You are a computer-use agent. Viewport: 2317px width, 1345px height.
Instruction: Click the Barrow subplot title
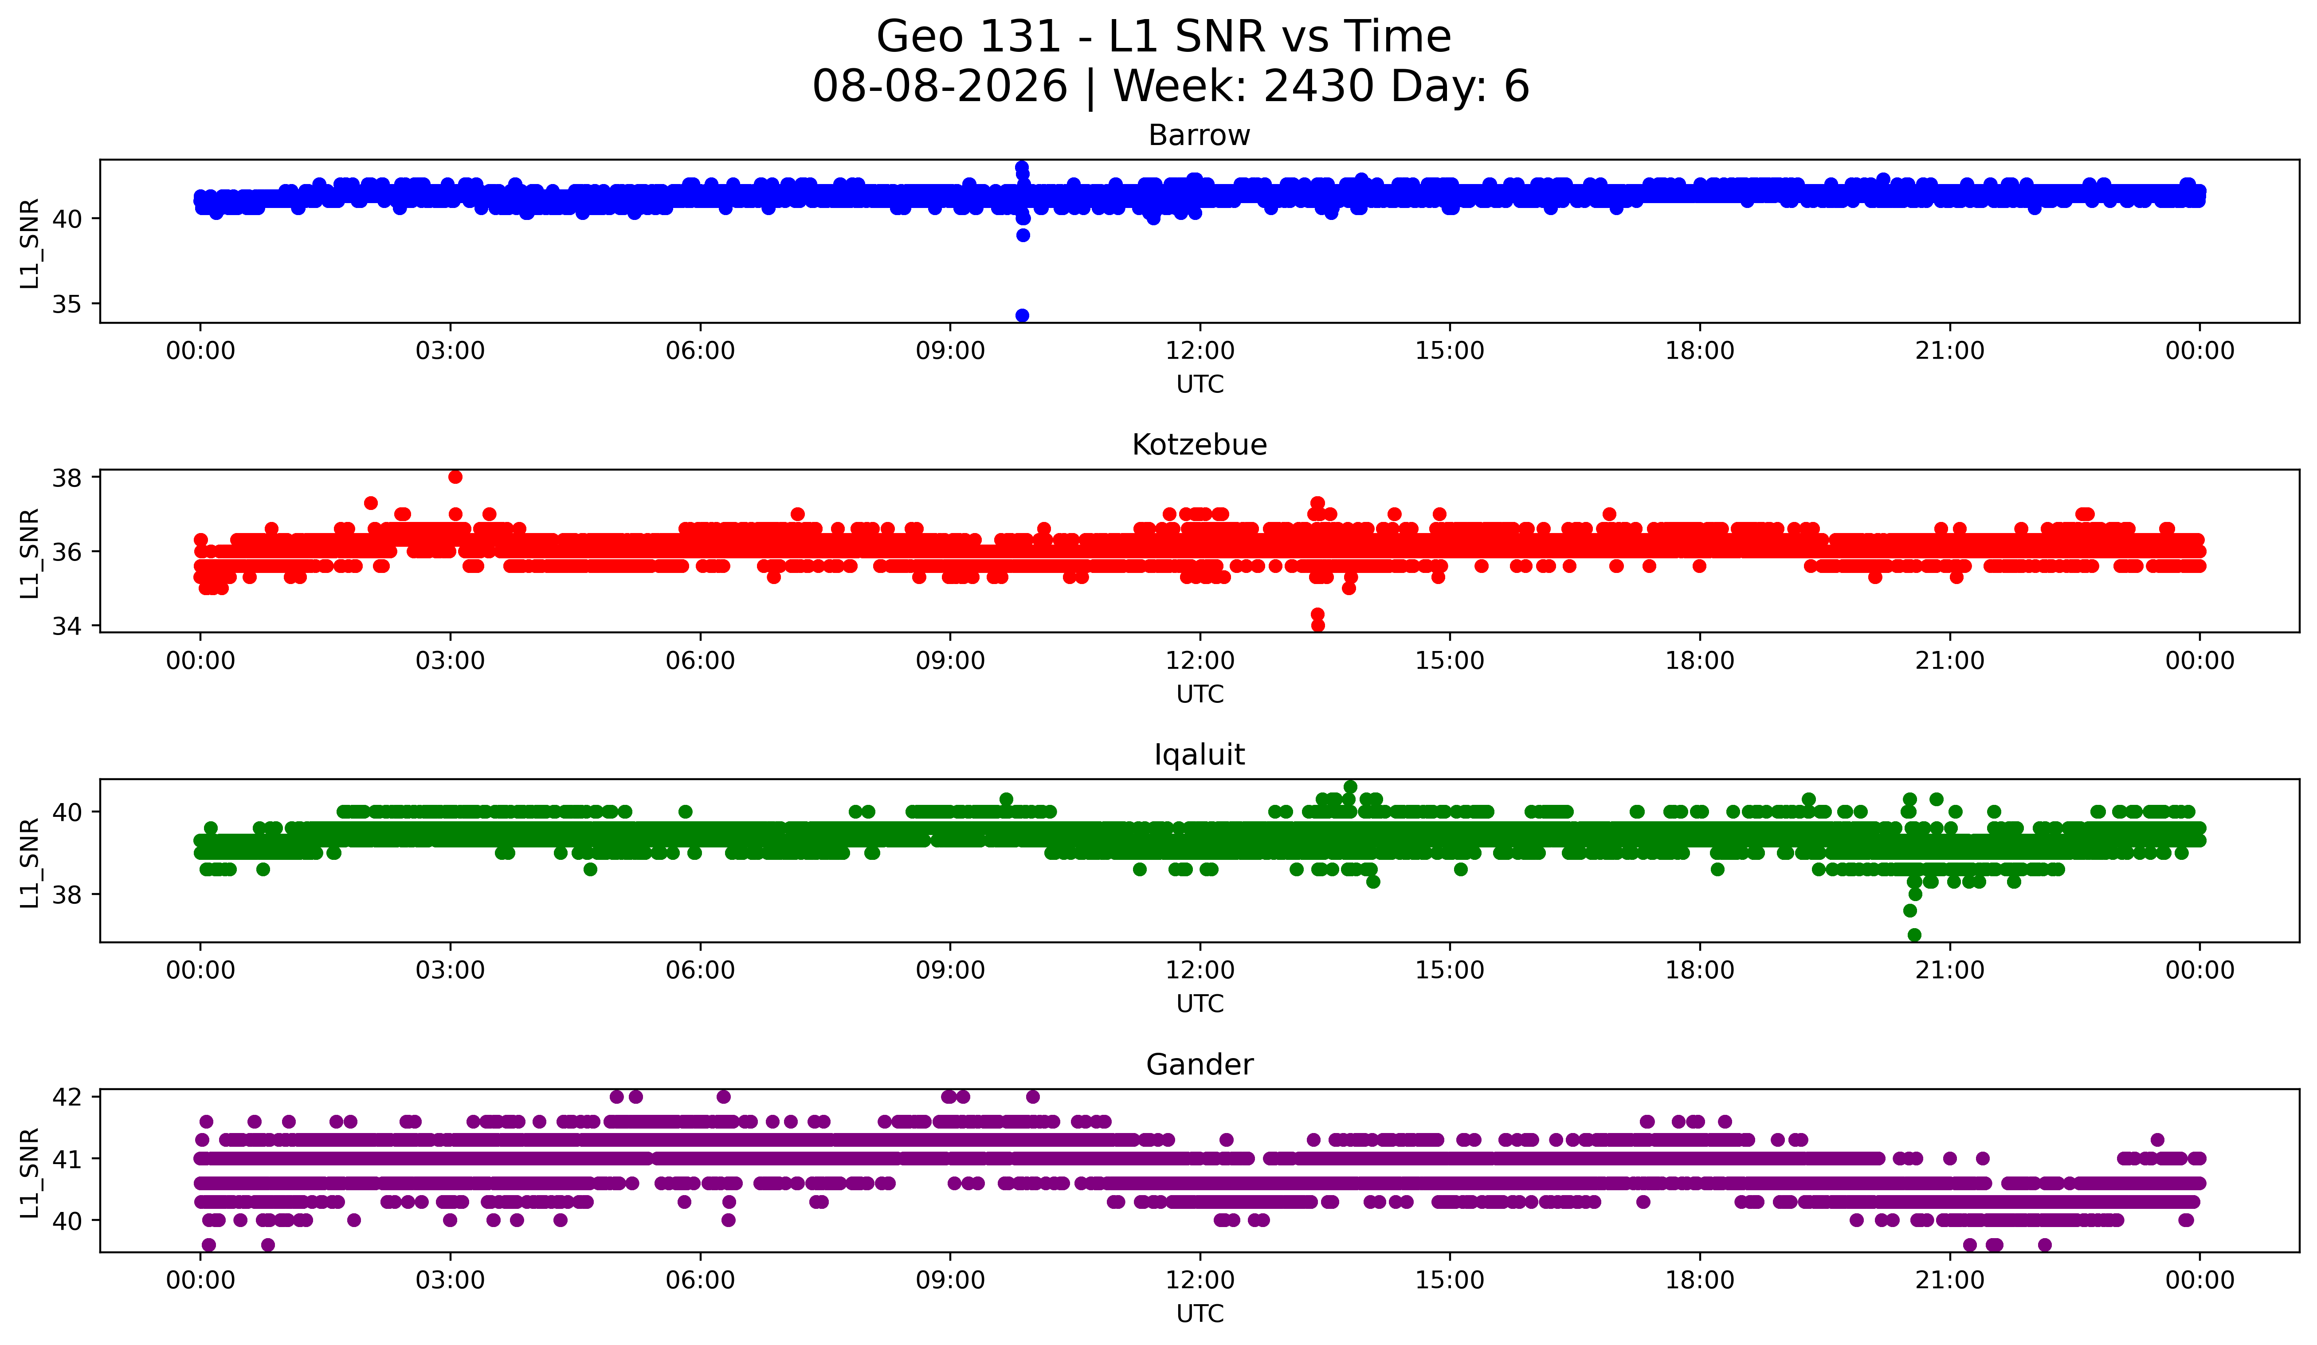tap(1199, 135)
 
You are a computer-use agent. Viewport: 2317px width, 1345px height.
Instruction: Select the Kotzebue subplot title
tap(1199, 445)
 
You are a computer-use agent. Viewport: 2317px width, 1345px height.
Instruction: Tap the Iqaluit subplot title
tap(1199, 755)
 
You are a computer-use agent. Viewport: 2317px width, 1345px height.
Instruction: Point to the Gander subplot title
tap(1199, 1065)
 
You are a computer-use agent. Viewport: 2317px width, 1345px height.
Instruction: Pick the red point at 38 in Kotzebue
tap(455, 477)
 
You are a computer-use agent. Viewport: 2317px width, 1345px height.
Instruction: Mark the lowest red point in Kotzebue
tap(1317, 625)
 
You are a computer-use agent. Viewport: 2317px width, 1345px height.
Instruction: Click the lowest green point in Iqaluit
tap(1914, 935)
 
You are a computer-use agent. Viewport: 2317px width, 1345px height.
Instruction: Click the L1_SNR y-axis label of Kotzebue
tap(29, 552)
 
